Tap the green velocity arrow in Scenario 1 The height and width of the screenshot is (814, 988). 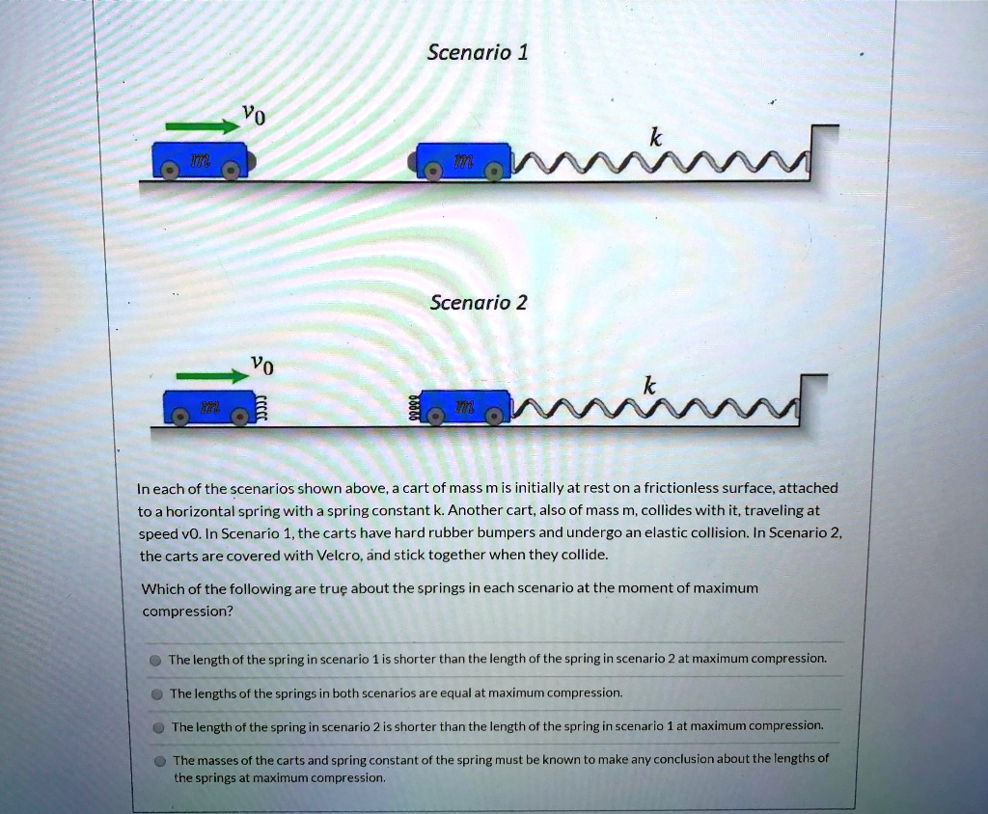pos(202,124)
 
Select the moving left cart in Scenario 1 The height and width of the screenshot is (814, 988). pos(201,158)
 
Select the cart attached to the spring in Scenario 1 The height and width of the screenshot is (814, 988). pos(463,159)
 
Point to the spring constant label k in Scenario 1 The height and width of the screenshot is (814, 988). pos(655,139)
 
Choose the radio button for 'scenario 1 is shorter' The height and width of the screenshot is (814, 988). pos(154,661)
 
